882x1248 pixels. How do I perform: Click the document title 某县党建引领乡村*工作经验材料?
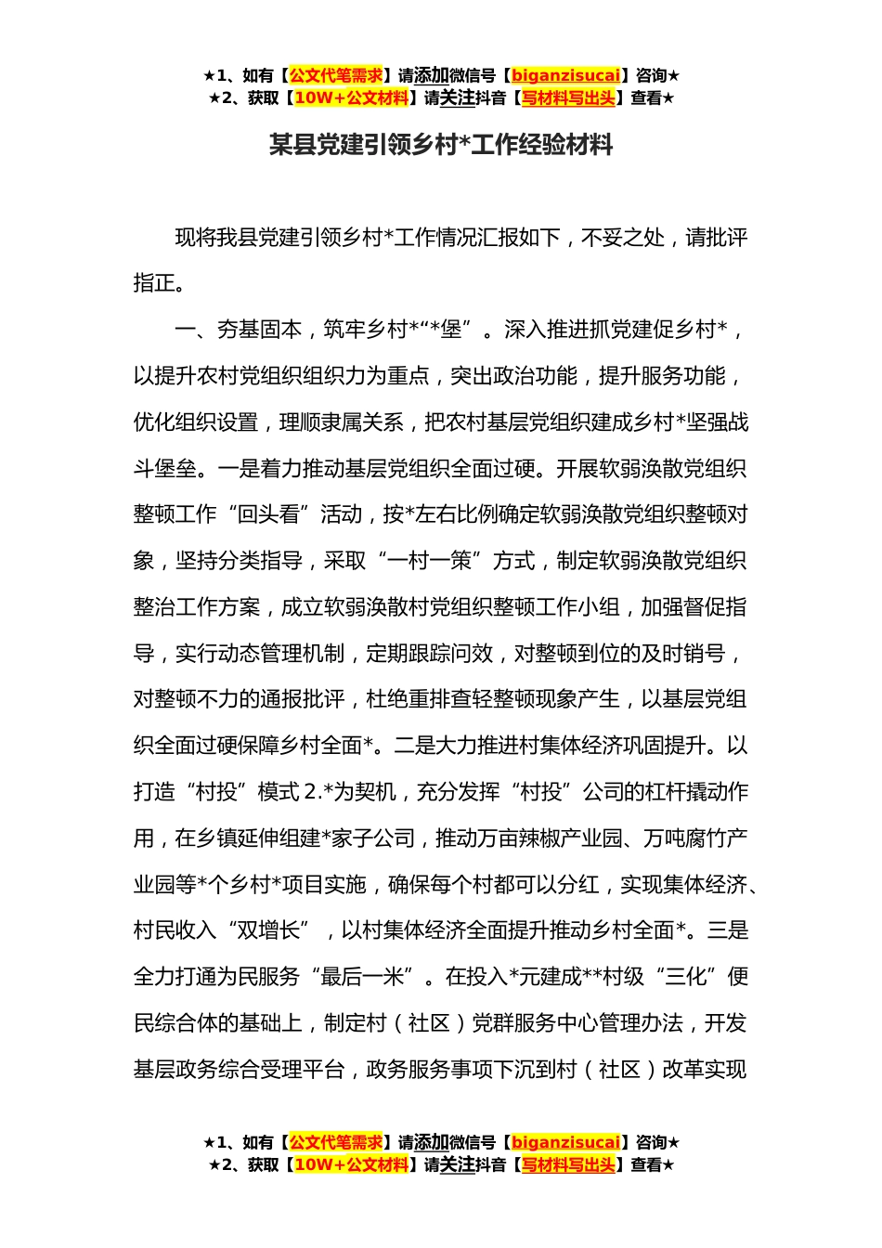click(x=441, y=146)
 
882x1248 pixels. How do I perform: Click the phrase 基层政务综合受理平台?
click(x=239, y=1070)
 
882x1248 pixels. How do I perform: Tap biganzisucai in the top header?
click(x=565, y=75)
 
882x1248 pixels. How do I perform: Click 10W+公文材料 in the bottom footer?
click(x=350, y=1164)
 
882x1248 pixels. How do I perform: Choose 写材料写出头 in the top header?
click(x=568, y=97)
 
